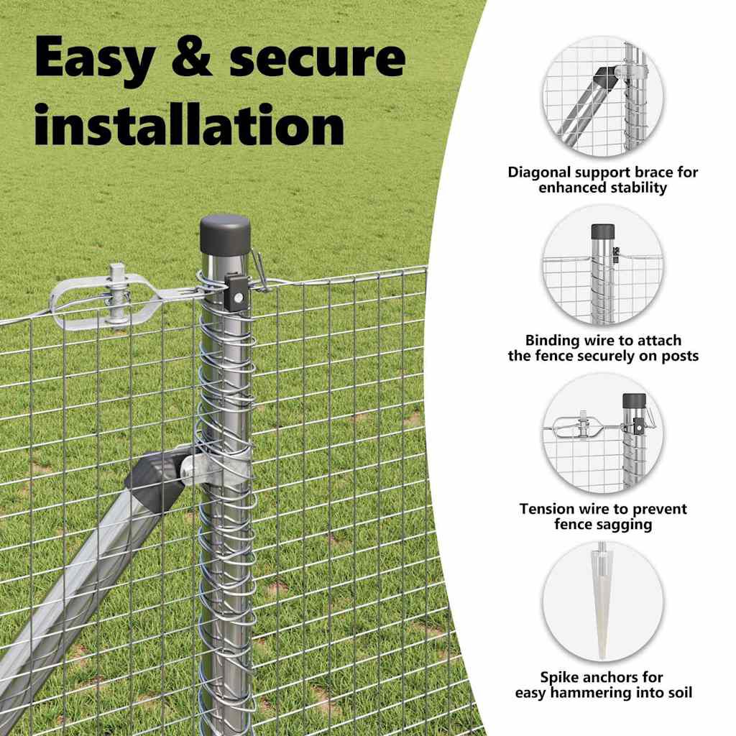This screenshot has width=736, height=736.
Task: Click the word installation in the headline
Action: (x=190, y=124)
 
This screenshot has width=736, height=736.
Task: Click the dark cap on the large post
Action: (x=225, y=235)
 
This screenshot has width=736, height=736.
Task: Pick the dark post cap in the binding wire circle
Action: (x=603, y=231)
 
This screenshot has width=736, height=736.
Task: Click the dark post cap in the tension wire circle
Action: (x=634, y=401)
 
